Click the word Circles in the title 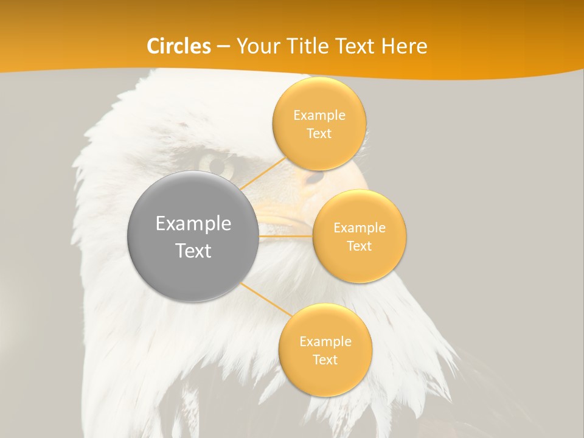pyautogui.click(x=178, y=46)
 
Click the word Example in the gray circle pyautogui.click(x=193, y=224)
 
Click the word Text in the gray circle pyautogui.click(x=193, y=251)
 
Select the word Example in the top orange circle pyautogui.click(x=319, y=116)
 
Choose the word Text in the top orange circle pyautogui.click(x=319, y=134)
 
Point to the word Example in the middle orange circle pyautogui.click(x=359, y=228)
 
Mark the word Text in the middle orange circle pyautogui.click(x=359, y=246)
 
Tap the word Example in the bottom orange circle pyautogui.click(x=325, y=342)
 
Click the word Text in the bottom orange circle pyautogui.click(x=325, y=360)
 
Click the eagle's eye pyautogui.click(x=217, y=164)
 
